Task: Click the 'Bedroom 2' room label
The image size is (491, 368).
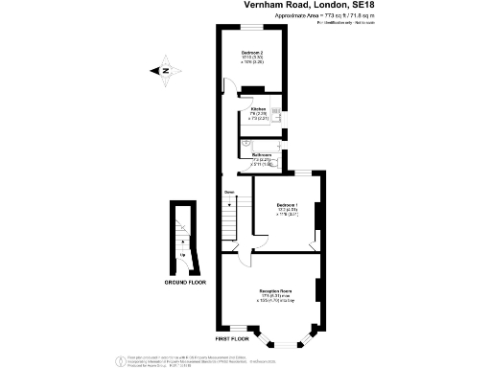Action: (253, 52)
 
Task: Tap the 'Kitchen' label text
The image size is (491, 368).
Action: (258, 109)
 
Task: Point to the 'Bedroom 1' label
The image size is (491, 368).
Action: (288, 205)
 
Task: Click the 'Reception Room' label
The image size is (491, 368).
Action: (275, 289)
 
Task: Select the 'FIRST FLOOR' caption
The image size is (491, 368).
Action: (233, 338)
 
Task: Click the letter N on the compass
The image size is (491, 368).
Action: (165, 70)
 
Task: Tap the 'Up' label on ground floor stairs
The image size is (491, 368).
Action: (181, 255)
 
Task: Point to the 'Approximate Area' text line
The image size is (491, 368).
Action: (353, 16)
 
